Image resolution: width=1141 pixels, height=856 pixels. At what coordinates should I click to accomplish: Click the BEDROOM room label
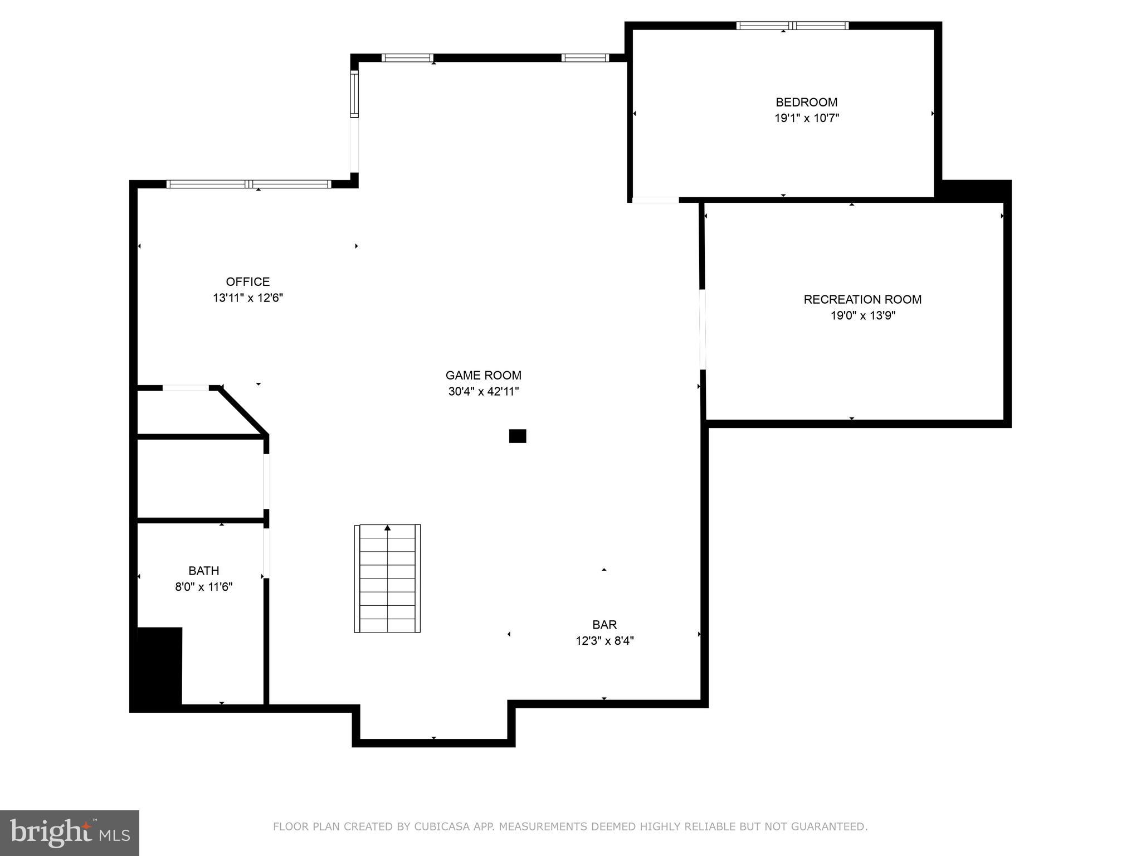806,102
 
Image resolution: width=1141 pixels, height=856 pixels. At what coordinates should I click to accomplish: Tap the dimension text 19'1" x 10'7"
806,118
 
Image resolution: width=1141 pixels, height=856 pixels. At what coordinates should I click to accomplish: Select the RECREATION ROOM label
862,299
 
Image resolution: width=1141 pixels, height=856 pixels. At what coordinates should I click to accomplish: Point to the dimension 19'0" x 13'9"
862,315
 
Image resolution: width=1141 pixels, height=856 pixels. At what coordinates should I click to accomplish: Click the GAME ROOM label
483,375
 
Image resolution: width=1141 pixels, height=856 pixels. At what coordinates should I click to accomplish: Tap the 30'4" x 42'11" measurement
483,391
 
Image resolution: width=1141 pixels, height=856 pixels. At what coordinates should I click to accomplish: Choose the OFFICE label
247,281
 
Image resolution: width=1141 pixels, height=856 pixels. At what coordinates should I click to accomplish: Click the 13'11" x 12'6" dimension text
247,298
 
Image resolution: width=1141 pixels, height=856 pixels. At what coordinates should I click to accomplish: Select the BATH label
203,571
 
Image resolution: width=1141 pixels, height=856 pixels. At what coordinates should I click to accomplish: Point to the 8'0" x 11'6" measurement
203,587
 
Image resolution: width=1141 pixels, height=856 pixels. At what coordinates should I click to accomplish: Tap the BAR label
604,625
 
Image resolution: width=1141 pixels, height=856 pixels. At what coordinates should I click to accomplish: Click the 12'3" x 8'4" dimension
604,641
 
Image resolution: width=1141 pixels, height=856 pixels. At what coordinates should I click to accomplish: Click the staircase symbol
387,578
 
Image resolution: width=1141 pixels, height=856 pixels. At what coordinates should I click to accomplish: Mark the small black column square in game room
517,436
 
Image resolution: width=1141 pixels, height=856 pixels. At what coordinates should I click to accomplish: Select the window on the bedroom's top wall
792,26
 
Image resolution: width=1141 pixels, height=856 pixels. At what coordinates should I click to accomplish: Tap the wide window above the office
248,184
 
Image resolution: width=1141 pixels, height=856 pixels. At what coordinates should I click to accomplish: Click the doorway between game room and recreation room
703,329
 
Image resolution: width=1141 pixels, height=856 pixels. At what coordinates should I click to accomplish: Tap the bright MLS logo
69,833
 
